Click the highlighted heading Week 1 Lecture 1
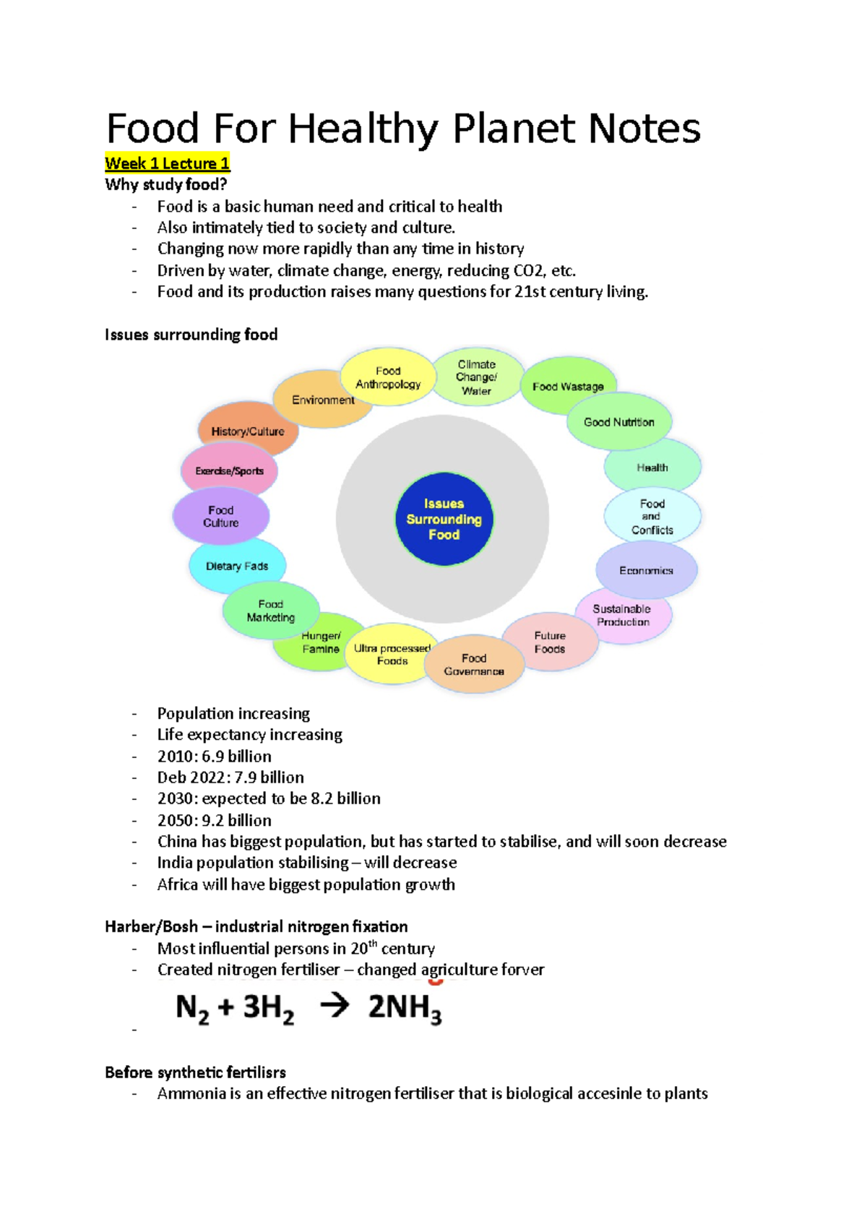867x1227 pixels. tap(167, 163)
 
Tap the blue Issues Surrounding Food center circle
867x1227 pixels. tap(444, 519)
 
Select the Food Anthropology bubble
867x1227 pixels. tap(388, 377)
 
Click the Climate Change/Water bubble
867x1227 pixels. tap(477, 377)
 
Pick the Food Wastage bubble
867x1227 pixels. tap(569, 387)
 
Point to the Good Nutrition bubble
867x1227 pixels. tap(619, 422)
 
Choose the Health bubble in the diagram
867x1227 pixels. tap(652, 468)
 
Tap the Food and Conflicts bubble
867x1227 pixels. tap(652, 517)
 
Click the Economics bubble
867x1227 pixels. tap(646, 570)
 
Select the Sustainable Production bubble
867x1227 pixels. tap(623, 616)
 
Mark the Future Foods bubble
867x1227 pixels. tap(550, 642)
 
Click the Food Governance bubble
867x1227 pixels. tap(474, 665)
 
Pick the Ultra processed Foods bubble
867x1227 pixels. tap(392, 655)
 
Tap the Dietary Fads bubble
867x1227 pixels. tap(237, 566)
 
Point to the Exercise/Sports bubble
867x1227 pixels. tap(229, 470)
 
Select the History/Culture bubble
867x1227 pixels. tap(247, 431)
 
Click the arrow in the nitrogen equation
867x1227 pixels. tap(335, 1005)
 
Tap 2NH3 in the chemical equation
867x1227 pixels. tap(405, 1007)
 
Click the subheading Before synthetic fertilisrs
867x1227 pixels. tap(195, 1072)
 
